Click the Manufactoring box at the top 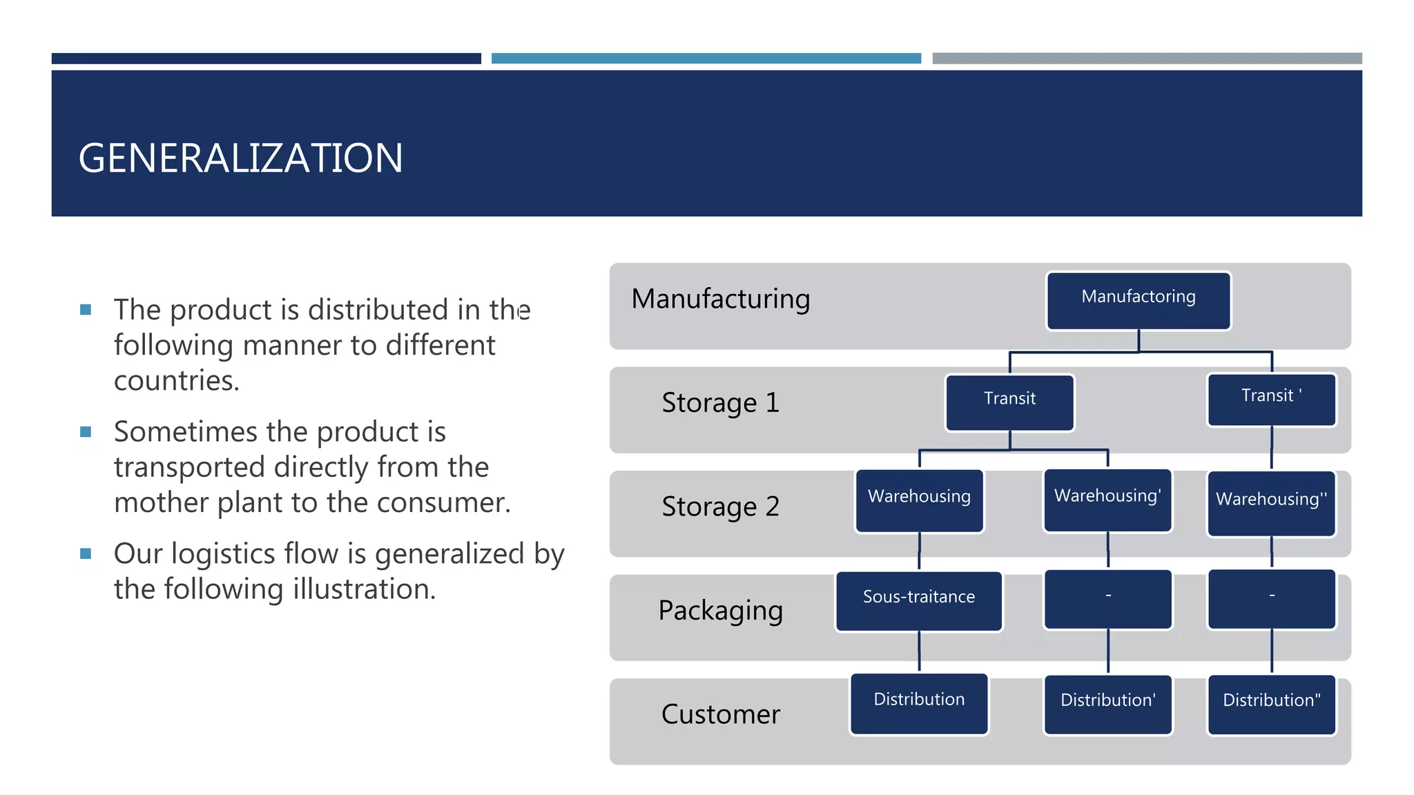pos(1138,301)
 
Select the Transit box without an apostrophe pos(1009,402)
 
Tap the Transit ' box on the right pos(1271,400)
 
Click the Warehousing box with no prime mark pos(919,500)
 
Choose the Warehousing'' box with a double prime pos(1271,503)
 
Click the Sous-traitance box pos(918,600)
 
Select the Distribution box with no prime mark pos(918,703)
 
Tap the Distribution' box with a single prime pos(1107,704)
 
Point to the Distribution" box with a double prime pos(1271,704)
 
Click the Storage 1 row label pos(720,403)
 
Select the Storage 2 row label pos(720,507)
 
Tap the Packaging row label pos(720,611)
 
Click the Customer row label pos(720,714)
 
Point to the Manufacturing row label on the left pos(720,299)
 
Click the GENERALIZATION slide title pos(240,158)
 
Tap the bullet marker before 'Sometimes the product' pos(86,432)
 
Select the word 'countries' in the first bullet pos(175,381)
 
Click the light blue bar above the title pos(706,59)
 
